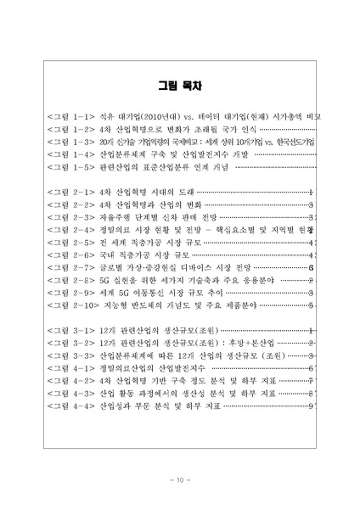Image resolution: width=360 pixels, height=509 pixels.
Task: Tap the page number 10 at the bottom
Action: click(179, 480)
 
